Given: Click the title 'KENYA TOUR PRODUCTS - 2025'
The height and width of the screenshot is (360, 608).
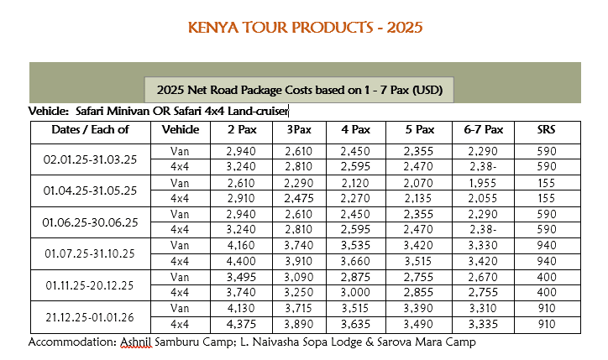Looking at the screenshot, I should tap(306, 27).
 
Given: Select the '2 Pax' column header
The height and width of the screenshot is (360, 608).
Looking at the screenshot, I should tap(242, 130).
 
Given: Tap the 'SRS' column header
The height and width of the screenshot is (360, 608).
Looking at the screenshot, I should tap(546, 130).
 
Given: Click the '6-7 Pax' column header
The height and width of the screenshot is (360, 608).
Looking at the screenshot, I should tap(484, 130).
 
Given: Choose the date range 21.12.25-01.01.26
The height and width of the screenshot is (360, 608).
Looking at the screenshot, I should tap(90, 316).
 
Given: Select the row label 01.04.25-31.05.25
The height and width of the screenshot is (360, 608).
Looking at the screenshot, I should tap(90, 190).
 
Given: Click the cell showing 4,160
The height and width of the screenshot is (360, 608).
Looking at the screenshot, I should tap(242, 246).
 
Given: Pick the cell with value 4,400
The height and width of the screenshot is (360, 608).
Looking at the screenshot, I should tap(242, 261).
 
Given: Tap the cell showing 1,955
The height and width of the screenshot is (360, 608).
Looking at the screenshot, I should tap(484, 183).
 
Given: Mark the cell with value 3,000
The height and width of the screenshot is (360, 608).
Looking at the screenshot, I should tap(355, 292).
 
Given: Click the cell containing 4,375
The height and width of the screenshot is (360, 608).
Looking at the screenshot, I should tap(242, 324).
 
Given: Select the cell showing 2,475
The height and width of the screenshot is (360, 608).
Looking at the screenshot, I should tap(299, 198).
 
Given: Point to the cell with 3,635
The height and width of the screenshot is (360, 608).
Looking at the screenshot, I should tap(355, 324).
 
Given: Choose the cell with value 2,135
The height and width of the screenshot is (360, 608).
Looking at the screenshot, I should tap(418, 198).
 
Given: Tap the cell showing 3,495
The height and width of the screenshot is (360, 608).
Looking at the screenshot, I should tap(242, 277).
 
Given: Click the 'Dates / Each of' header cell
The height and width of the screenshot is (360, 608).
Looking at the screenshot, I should tap(90, 130).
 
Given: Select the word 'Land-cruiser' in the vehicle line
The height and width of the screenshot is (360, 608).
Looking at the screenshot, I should tap(256, 110).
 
